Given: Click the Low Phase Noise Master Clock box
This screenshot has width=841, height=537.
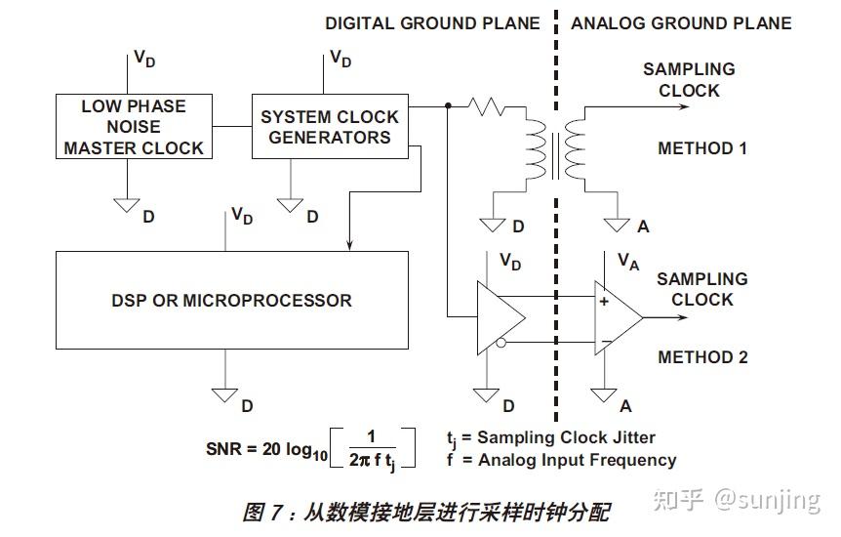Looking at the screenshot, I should click(x=135, y=127).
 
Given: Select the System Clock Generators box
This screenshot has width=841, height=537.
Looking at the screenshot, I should click(x=330, y=127).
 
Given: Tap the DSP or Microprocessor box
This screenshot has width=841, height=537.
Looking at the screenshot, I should click(x=231, y=300).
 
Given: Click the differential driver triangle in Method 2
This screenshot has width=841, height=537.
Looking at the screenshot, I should click(x=498, y=317).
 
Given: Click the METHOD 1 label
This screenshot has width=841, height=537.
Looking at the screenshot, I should click(x=701, y=148).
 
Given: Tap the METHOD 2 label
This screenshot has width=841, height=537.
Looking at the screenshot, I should click(x=701, y=357).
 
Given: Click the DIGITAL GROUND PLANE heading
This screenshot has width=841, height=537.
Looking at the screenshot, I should click(x=432, y=22).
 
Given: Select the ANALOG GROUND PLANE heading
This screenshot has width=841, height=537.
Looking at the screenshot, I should click(x=681, y=22).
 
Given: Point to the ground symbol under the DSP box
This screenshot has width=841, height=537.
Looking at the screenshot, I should click(x=225, y=394).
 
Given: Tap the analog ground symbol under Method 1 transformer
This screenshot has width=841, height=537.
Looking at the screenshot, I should click(x=617, y=225).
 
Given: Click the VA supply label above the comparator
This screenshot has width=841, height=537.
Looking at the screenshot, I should click(x=628, y=260).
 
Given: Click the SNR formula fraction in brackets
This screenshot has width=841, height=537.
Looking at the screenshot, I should click(x=375, y=449).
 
